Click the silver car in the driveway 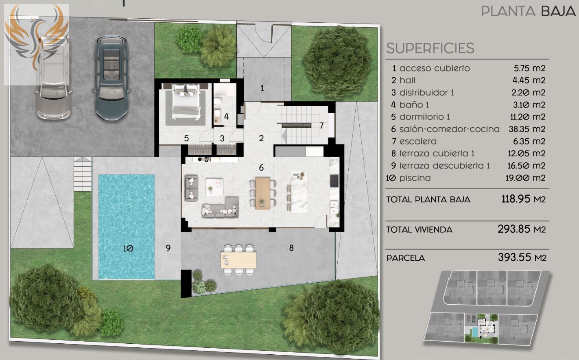(53, 78)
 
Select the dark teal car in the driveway (111, 79)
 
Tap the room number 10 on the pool (128, 249)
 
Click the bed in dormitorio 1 (186, 102)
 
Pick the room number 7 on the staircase (321, 126)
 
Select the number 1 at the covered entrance (262, 88)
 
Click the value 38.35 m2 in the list (527, 129)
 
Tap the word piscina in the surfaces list (415, 178)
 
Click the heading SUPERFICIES (430, 48)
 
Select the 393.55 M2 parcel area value (522, 257)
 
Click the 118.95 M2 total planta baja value (523, 199)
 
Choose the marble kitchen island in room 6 (299, 192)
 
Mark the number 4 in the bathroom (226, 117)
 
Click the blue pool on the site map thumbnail (475, 332)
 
